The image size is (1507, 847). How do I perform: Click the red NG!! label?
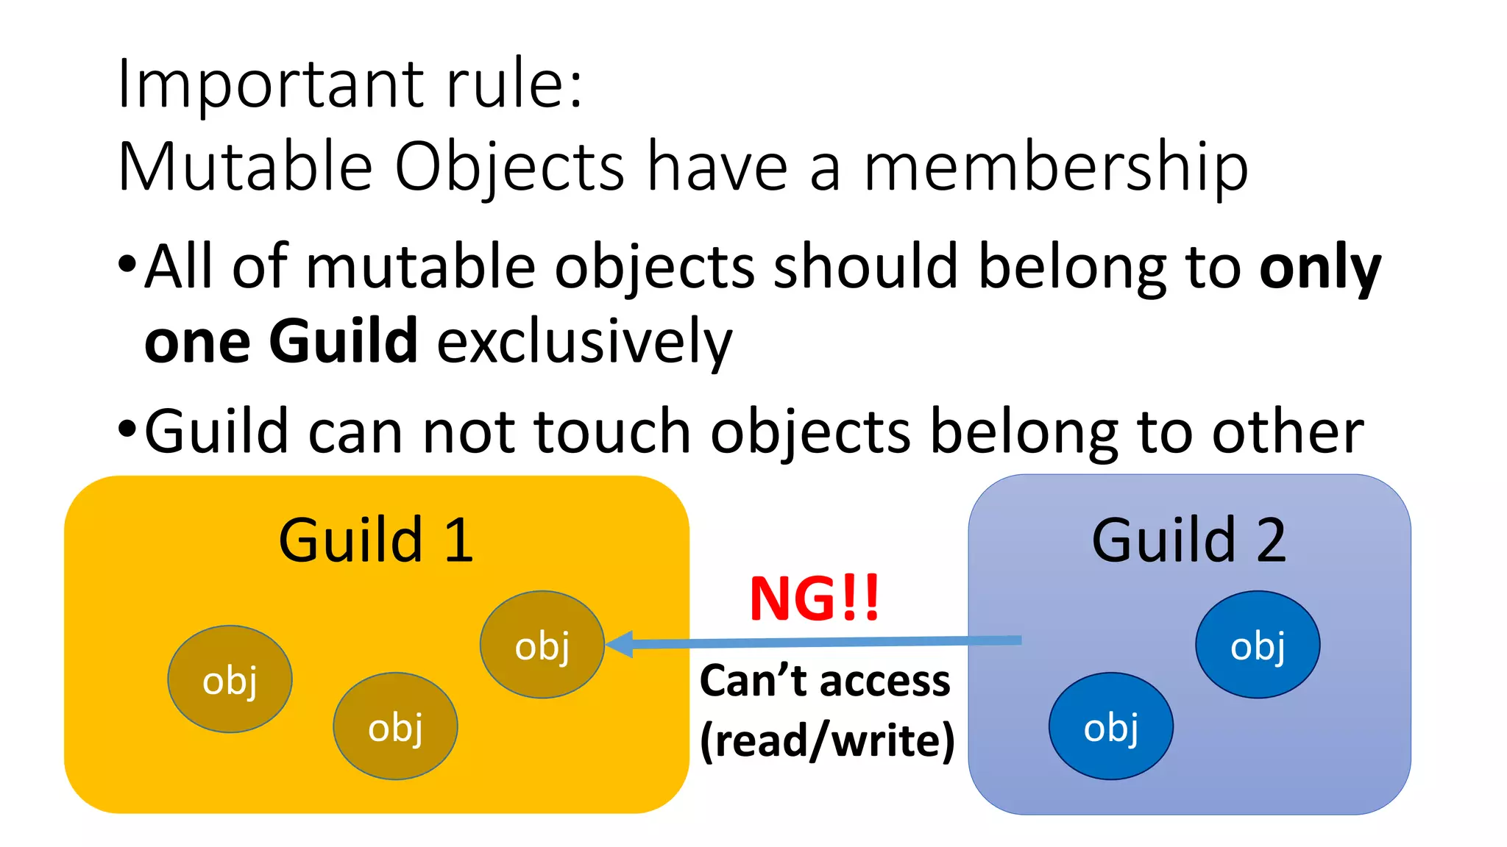[814, 598]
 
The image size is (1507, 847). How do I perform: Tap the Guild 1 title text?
[375, 540]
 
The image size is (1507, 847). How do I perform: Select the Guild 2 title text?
[1189, 540]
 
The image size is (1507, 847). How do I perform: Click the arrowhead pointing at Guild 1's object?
[619, 644]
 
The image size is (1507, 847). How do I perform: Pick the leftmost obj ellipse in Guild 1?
[230, 679]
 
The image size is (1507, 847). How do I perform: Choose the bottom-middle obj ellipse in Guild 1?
[395, 726]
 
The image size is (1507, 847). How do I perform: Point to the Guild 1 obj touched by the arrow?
[542, 645]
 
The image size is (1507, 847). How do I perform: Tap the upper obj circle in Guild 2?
[1258, 645]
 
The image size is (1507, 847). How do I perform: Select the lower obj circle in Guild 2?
[1111, 726]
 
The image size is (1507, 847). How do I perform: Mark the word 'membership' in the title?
[1055, 168]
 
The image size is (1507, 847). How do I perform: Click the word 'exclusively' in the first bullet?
[585, 343]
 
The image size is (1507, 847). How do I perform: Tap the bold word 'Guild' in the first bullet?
[344, 341]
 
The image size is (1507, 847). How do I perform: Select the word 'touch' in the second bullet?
[611, 432]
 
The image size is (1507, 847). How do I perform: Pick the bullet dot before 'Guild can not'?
[127, 429]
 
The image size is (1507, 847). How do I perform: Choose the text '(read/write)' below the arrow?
[827, 740]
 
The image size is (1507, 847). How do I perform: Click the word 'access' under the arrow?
[884, 681]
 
